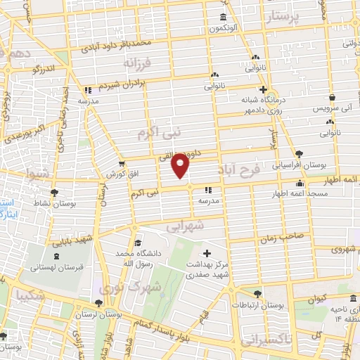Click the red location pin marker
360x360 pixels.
coord(181,166)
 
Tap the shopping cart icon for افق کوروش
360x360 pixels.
coord(122,164)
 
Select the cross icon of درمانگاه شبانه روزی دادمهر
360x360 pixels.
coord(263,89)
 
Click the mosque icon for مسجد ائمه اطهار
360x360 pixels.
coord(300,184)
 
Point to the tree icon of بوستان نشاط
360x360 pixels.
coord(53,191)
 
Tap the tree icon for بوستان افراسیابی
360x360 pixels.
coord(300,153)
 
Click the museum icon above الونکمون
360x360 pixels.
coord(223,18)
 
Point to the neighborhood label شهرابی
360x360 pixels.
coord(185,226)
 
